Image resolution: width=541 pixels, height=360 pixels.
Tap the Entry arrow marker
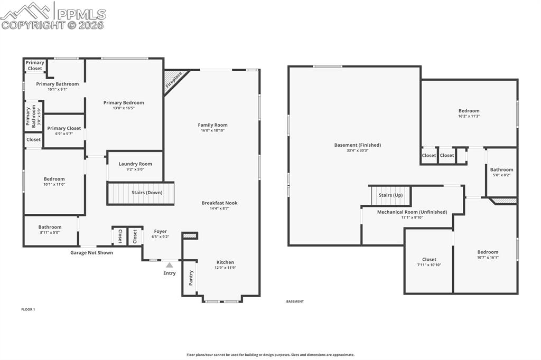coord(169,265)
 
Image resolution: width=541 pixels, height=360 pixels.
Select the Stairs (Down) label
coord(147,193)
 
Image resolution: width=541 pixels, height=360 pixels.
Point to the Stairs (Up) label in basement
coord(391,195)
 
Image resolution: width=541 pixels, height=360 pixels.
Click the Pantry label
coord(191,277)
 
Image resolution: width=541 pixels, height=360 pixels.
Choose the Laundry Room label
coord(135,164)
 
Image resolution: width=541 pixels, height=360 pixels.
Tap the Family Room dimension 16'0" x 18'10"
coord(213,130)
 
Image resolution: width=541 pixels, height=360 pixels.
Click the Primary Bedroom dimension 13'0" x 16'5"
coord(124,108)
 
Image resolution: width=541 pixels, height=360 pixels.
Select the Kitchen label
coord(225,262)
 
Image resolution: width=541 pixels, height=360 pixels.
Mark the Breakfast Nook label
coord(219,203)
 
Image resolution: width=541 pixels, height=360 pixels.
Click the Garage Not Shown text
coord(92,253)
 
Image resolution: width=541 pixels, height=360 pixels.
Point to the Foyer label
coord(160,231)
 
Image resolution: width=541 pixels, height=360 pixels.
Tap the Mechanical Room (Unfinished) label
coord(412,212)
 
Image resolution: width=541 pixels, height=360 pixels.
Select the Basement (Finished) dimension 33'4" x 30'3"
coord(358,150)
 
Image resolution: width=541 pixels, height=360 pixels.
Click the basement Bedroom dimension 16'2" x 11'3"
coord(469,116)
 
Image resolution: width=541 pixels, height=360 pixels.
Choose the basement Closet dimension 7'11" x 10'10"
coord(429,265)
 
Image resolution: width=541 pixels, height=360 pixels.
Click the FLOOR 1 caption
coord(28,309)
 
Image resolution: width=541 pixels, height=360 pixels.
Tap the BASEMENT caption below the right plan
coord(295,301)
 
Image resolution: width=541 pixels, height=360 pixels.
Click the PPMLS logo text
coord(80,14)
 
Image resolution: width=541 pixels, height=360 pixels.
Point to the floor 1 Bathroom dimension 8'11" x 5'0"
coord(50,232)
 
